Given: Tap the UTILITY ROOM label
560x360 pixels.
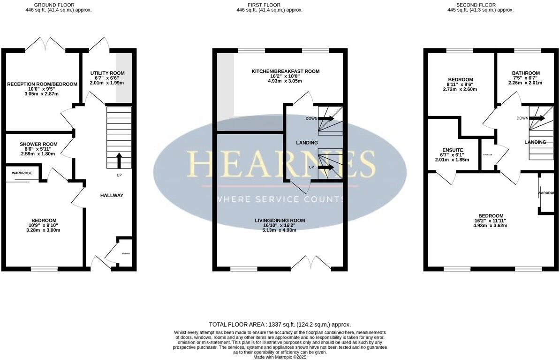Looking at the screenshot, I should click(107, 73).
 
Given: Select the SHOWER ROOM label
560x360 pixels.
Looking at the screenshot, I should click(38, 144).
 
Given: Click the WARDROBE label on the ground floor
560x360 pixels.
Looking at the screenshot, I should click(22, 173).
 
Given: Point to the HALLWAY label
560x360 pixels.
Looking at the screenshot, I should click(112, 195).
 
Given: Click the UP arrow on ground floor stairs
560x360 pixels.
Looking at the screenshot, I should click(118, 160).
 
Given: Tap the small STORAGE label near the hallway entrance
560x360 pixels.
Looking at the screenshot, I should click(125, 253).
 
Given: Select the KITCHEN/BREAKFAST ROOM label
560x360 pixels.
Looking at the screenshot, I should click(285, 71).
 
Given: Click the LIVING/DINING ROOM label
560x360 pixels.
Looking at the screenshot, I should click(280, 220).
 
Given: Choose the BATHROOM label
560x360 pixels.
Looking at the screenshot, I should click(525, 73).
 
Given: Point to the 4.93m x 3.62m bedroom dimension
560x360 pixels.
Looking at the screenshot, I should click(491, 225).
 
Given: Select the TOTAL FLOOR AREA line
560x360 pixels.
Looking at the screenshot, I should click(280, 324).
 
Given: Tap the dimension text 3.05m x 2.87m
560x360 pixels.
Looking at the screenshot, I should click(42, 93).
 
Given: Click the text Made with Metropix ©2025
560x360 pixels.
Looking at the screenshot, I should click(280, 357).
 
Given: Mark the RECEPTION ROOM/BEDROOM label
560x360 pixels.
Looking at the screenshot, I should click(42, 84).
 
